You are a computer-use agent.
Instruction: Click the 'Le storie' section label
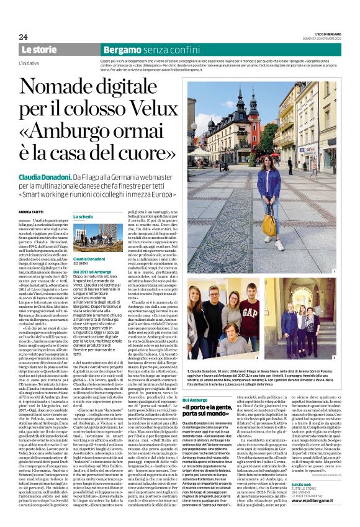pos(39,48)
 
